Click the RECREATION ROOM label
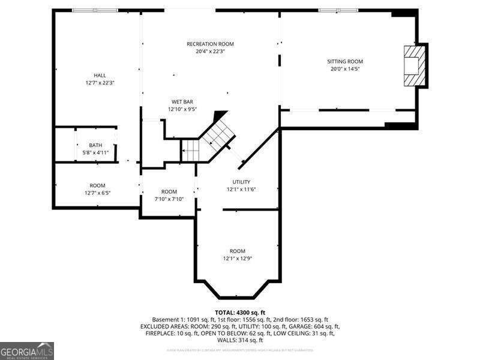210,44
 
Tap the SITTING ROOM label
345,61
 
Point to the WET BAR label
182,102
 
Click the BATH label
95,145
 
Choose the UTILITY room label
241,182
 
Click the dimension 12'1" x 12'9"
238,259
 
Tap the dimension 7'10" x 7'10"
169,199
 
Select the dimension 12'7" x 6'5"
97,193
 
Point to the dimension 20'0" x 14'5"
345,68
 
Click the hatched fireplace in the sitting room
413,65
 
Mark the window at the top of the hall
95,10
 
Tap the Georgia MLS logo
27,350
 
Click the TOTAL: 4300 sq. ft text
240,312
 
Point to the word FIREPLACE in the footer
161,333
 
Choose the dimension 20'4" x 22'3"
210,52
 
